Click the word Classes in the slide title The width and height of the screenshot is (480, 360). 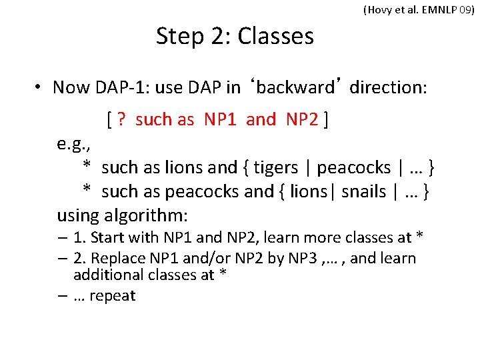(x=275, y=36)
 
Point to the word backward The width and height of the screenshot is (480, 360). (x=295, y=87)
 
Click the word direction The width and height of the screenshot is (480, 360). (x=387, y=87)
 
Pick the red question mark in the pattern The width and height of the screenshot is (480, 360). (x=121, y=120)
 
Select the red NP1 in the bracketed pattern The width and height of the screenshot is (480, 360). (x=221, y=120)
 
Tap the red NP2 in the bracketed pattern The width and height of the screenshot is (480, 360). (x=303, y=120)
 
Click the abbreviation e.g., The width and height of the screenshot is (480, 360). (x=73, y=144)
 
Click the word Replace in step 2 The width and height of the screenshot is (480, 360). (x=117, y=258)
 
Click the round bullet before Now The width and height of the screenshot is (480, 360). (x=40, y=88)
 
